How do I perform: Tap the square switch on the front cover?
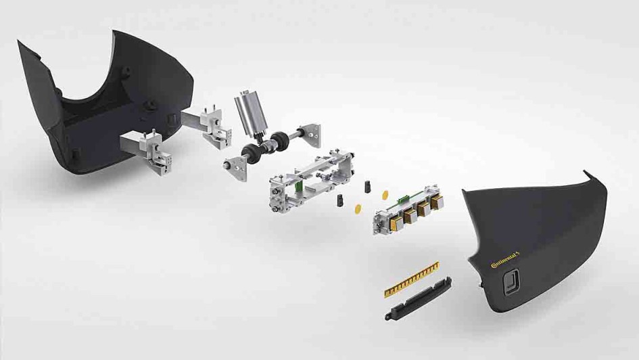pos(512,282)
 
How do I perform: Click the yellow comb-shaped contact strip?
pos(412,279)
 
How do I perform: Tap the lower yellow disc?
pos(358,209)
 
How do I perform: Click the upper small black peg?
pos(367,185)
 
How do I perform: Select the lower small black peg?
pos(341,200)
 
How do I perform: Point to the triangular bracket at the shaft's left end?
pos(235,168)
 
